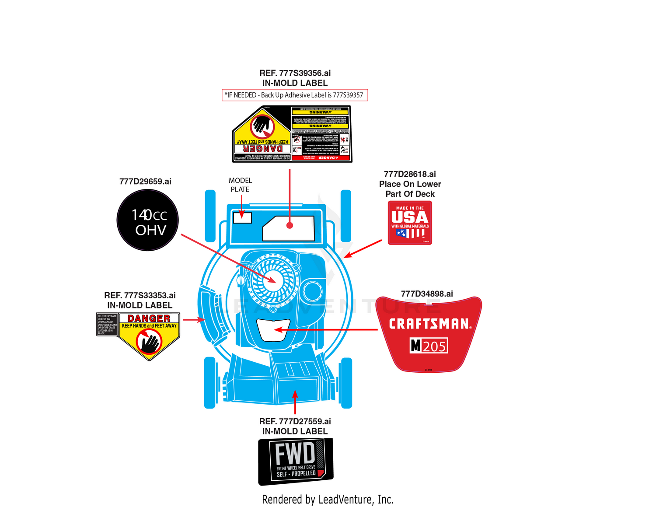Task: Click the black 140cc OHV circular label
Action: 148,220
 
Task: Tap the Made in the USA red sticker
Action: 410,223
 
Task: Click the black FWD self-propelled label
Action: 296,462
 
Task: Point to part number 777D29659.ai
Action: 145,182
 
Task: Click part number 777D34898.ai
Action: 427,294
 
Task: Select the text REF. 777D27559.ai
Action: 295,421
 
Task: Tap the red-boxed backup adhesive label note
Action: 295,95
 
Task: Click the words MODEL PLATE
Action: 240,185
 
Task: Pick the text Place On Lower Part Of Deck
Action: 410,189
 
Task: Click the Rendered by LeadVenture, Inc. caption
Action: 328,499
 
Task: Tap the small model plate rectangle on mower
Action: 242,217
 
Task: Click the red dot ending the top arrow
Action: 290,226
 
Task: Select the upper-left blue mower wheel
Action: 210,215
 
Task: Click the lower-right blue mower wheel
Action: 346,383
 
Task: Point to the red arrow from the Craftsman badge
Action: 326,329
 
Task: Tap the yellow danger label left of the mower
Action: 149,335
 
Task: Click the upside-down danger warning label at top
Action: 292,134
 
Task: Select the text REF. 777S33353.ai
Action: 140,295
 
